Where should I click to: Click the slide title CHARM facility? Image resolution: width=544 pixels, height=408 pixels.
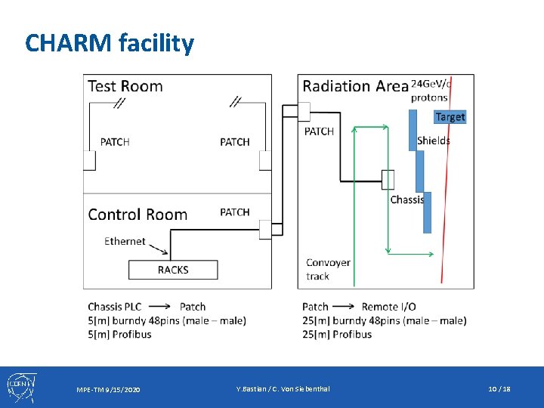[110, 43]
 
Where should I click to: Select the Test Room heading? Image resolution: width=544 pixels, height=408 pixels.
[125, 86]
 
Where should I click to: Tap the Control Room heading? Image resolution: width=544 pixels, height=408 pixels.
[138, 215]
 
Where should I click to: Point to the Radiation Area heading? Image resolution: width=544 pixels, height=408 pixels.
[355, 86]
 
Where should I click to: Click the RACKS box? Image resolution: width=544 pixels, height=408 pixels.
[173, 270]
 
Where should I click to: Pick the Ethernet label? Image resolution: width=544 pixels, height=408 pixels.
[125, 241]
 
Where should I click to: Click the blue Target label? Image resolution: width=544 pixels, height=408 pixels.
[450, 116]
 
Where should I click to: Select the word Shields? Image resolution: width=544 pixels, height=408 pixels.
[434, 141]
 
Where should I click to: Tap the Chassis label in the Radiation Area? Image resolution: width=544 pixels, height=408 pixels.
[407, 199]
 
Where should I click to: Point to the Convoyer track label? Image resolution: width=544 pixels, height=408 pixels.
[328, 269]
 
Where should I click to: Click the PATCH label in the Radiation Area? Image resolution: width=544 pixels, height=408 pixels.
[319, 131]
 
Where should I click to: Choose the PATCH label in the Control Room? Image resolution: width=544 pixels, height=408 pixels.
[235, 212]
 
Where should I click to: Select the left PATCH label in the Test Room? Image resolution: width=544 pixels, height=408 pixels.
[115, 142]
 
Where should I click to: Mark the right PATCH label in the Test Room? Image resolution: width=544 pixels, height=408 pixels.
[235, 142]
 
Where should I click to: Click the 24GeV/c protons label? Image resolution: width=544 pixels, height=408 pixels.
[430, 90]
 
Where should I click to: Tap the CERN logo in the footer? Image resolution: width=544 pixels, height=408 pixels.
[19, 387]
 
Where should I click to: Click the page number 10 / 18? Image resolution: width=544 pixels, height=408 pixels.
[499, 388]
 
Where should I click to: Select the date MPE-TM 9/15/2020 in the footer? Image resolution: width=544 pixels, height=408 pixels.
[108, 389]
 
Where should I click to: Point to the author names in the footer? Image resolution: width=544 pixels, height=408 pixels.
[283, 388]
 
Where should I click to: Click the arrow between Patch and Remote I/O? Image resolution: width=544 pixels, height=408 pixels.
[345, 307]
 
